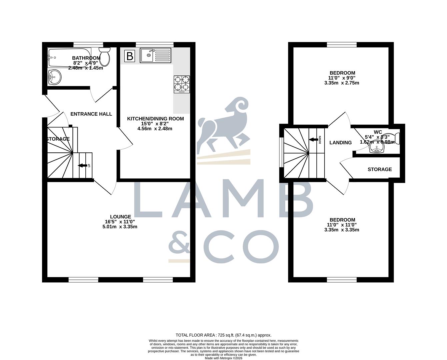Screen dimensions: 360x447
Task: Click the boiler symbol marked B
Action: [x=130, y=56]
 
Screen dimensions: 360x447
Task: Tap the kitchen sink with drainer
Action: [x=155, y=55]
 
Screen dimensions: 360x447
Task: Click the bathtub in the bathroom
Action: [x=69, y=58]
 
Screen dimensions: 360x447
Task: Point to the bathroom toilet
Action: [x=105, y=56]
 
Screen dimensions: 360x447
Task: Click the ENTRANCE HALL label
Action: [x=91, y=114]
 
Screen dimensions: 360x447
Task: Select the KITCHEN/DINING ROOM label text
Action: [x=155, y=119]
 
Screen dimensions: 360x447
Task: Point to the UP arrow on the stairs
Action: [x=82, y=165]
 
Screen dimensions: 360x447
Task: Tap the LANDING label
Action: [x=340, y=143]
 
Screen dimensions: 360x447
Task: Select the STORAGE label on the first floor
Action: [x=380, y=169]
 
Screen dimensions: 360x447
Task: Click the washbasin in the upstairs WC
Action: [x=377, y=149]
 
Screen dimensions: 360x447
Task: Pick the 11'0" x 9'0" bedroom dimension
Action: [x=342, y=78]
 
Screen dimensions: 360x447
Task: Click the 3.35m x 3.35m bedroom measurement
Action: [x=342, y=230]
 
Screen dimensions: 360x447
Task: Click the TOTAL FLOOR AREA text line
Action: [x=223, y=335]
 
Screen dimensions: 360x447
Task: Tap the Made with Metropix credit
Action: [x=223, y=358]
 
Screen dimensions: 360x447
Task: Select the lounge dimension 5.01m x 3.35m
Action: [x=120, y=227]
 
